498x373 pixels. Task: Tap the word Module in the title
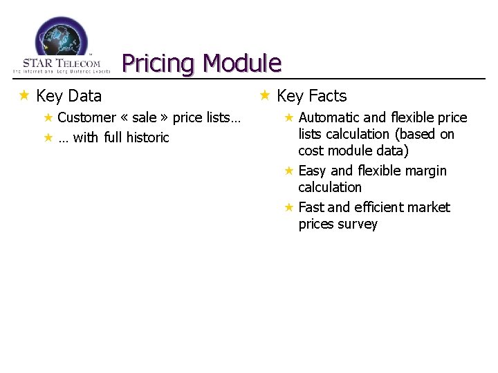click(x=243, y=64)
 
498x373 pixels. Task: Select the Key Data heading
click(x=68, y=96)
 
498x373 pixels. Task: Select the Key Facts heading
click(x=311, y=96)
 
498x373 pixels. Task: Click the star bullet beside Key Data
click(x=24, y=95)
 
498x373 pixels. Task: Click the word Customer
click(x=86, y=117)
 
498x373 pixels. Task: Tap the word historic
click(x=147, y=137)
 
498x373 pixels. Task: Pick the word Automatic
click(x=329, y=117)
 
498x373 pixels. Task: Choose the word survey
click(x=359, y=224)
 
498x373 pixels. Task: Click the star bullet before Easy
click(x=289, y=170)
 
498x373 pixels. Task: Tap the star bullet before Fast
click(x=289, y=207)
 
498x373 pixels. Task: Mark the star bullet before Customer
click(x=48, y=117)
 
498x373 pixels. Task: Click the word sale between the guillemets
click(x=144, y=117)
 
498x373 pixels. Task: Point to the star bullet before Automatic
click(x=289, y=117)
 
